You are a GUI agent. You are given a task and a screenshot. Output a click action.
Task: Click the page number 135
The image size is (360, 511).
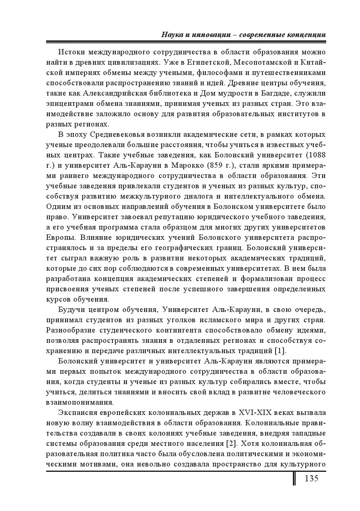pos(311,478)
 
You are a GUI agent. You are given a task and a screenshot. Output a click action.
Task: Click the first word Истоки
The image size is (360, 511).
pos(71,52)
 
